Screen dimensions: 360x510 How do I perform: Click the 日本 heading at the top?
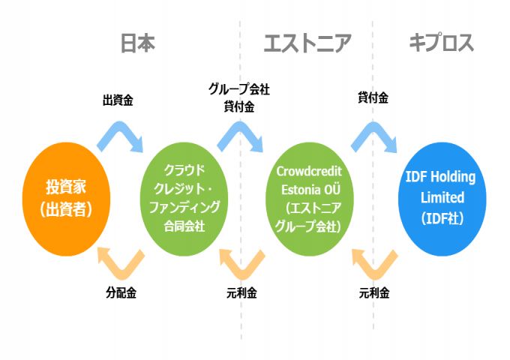point(138,43)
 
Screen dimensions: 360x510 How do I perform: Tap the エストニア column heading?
point(307,43)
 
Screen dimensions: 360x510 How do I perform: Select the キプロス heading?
point(442,43)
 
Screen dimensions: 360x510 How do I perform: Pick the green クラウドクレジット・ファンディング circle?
point(184,198)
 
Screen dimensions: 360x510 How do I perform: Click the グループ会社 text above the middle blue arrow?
point(238,89)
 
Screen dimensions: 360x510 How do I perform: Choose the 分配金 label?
point(121,293)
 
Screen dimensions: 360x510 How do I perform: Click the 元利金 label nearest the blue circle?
point(374,293)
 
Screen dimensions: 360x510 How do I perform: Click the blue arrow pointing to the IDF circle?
point(374,136)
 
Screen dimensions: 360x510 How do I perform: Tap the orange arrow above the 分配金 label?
point(121,262)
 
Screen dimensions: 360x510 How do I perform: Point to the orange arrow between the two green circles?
point(241,262)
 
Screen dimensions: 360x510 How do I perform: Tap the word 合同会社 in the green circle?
point(184,223)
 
